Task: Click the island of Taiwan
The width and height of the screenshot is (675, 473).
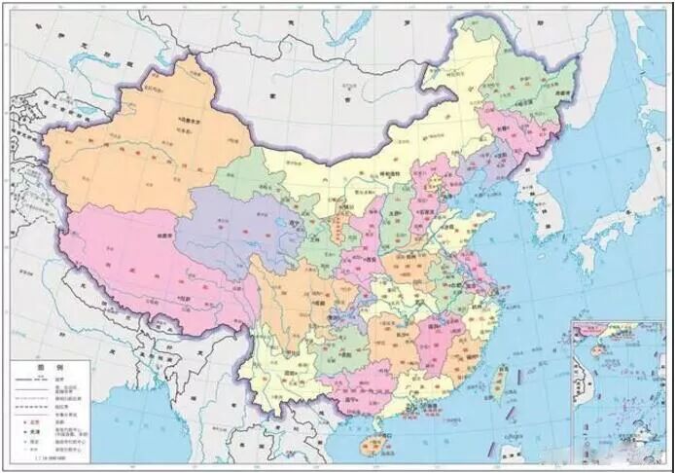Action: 498,383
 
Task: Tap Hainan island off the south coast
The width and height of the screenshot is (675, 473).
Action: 370,445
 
